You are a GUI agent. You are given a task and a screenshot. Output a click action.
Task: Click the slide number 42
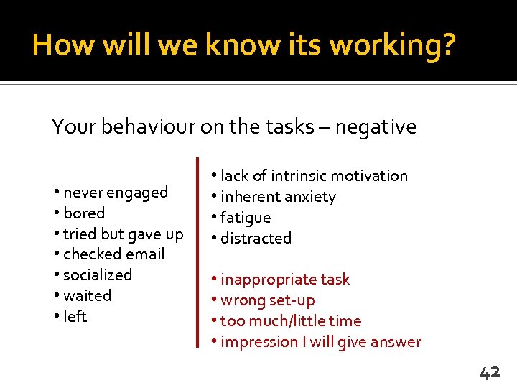tap(490, 371)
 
